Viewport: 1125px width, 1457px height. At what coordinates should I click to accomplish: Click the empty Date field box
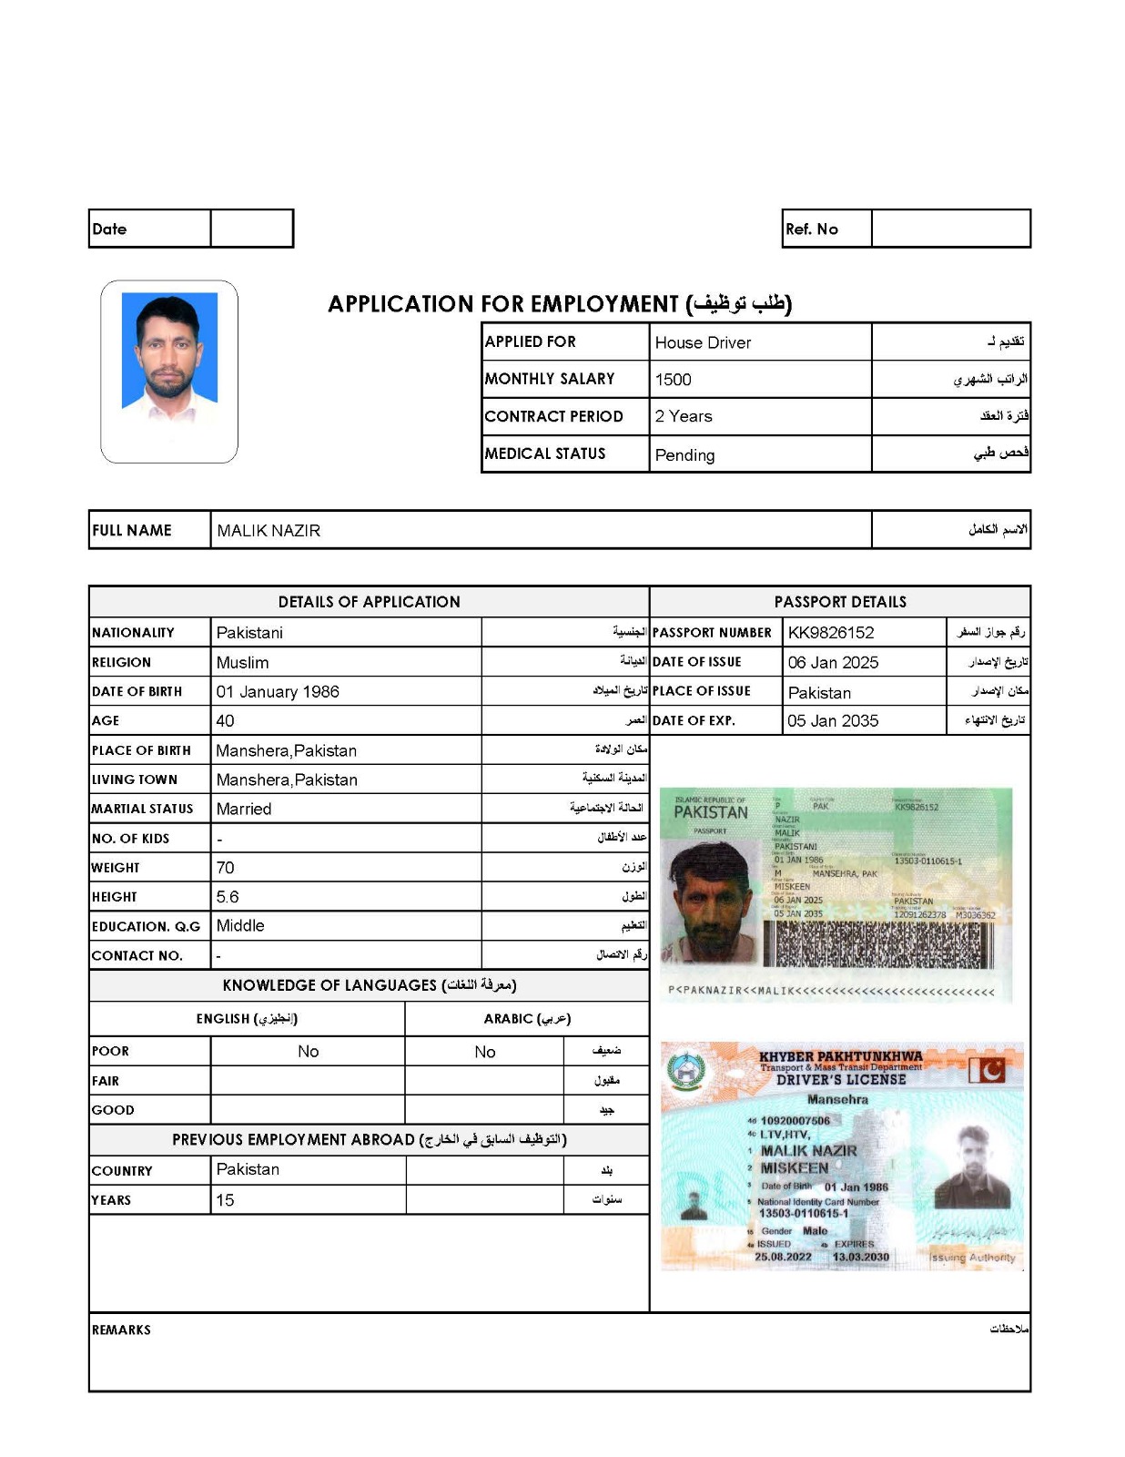pos(251,229)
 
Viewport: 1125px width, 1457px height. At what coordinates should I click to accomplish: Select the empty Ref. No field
pos(950,229)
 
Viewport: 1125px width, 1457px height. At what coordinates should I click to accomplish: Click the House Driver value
pos(703,342)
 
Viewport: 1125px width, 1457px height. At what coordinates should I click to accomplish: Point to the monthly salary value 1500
pos(673,380)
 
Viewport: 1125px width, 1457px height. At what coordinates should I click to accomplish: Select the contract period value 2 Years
pos(683,416)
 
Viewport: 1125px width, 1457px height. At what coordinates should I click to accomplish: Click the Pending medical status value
pos(684,454)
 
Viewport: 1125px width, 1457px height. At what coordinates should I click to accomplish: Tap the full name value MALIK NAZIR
pos(269,530)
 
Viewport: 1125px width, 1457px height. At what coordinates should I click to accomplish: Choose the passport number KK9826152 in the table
pos(830,632)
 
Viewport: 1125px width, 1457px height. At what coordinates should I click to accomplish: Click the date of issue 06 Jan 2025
pos(833,662)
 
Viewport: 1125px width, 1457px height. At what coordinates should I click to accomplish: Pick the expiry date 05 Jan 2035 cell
pos(833,720)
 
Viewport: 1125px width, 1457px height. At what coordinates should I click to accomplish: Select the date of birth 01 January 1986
pos(278,691)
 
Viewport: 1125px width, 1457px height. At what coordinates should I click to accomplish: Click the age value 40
pos(225,720)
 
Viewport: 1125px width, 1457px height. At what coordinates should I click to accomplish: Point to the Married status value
pos(243,809)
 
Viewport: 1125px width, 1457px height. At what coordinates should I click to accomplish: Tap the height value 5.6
pos(228,896)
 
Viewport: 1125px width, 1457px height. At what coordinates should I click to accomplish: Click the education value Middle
pos(240,925)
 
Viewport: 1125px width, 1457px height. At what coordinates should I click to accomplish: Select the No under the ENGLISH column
pos(308,1051)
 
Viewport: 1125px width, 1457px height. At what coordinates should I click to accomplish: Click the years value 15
pos(225,1200)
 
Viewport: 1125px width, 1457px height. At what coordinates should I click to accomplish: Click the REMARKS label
pos(121,1330)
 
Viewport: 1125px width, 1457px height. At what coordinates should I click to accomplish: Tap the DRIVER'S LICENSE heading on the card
pos(840,1079)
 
